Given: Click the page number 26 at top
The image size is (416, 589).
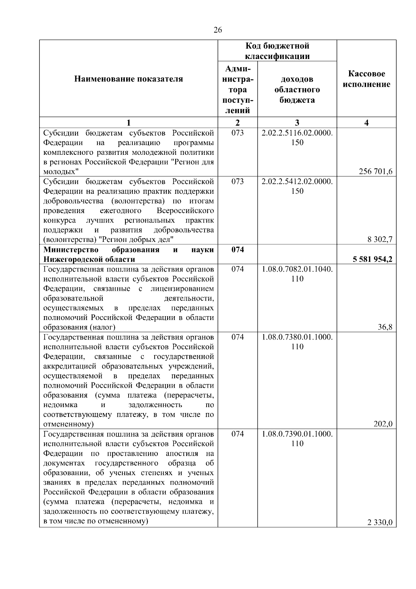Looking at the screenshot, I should point(217,30).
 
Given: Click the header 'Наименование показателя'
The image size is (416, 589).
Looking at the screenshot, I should point(129,79).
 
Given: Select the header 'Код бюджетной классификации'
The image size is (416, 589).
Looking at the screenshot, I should point(277,51).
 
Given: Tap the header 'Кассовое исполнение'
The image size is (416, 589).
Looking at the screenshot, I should point(366,79).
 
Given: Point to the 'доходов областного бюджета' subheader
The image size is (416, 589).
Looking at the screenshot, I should point(297,90).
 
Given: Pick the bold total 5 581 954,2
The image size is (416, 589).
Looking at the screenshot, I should point(372,259).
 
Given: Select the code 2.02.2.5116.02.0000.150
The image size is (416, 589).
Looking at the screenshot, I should point(297,138).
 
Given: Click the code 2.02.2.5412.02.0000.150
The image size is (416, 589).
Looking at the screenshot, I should point(297,186).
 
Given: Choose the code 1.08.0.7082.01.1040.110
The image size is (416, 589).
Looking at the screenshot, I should point(297,274).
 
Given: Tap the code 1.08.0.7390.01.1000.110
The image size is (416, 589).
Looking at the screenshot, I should point(297,439).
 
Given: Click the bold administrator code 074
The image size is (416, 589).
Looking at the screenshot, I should point(237,250).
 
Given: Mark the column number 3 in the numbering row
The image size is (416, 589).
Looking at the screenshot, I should point(297,123).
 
